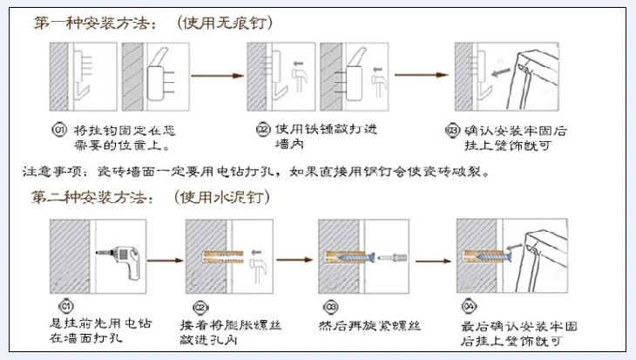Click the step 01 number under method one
click(x=59, y=131)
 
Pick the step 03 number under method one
click(x=452, y=131)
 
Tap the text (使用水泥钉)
click(x=221, y=198)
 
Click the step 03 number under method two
click(x=331, y=307)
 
